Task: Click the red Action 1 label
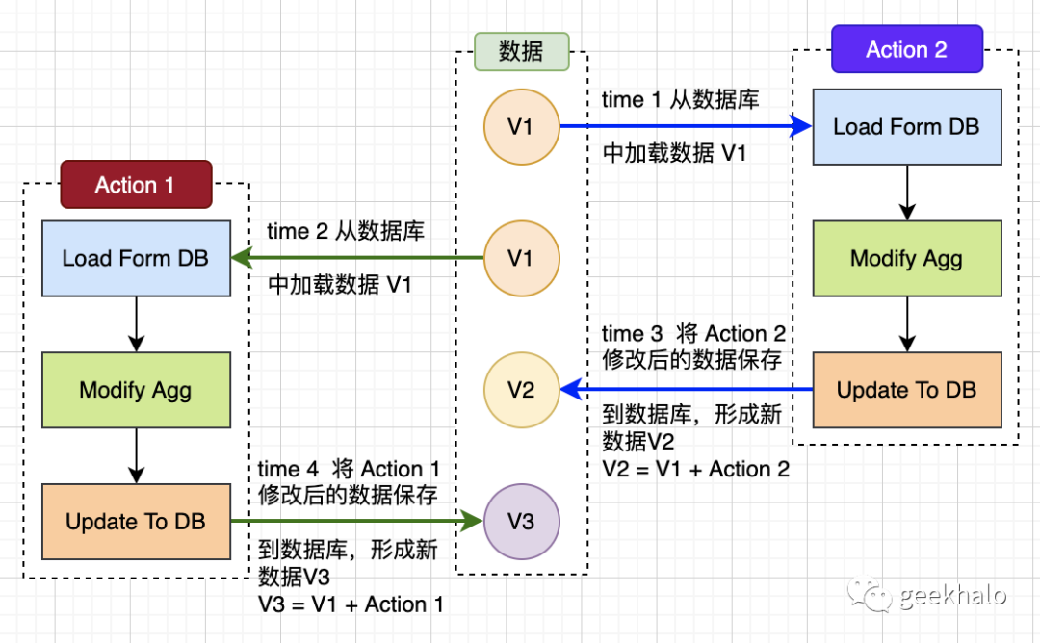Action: coord(135,185)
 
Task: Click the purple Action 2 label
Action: coord(906,50)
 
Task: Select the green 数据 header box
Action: coord(521,52)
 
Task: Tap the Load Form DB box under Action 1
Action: coord(135,258)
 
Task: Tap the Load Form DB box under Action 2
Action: coord(906,126)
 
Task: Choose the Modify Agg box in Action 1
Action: coord(135,390)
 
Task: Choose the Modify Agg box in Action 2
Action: coord(906,258)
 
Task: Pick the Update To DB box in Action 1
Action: coord(135,522)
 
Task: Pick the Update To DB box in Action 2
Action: coord(906,390)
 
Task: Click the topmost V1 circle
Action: coord(521,126)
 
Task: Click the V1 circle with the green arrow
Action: coord(521,258)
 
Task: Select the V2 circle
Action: coord(521,390)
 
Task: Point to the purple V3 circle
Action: coord(521,522)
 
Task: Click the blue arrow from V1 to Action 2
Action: coord(684,126)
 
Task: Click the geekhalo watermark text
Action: coord(952,596)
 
